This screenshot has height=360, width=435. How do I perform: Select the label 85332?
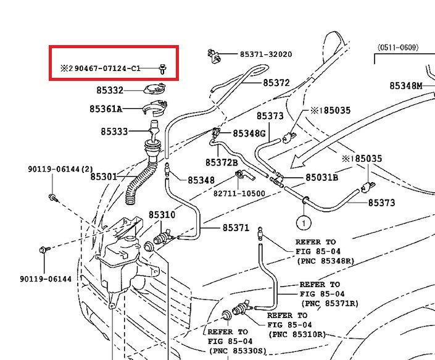109,91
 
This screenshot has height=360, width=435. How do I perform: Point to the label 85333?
114,132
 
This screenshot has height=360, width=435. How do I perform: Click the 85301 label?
104,177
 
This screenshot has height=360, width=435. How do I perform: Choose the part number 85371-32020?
259,54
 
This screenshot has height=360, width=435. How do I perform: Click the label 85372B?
222,162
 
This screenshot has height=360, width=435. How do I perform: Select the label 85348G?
249,133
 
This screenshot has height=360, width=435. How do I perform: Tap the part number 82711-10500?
239,193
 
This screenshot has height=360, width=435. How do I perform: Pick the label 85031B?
321,177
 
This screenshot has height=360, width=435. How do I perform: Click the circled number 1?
304,220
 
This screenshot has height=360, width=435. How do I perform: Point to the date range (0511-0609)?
398,47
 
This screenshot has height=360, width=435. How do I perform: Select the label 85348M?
405,86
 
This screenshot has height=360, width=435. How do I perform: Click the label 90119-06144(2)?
60,169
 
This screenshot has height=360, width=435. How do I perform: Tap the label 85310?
162,216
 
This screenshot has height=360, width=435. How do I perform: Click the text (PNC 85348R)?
325,261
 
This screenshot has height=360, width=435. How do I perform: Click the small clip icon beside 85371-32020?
213,55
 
